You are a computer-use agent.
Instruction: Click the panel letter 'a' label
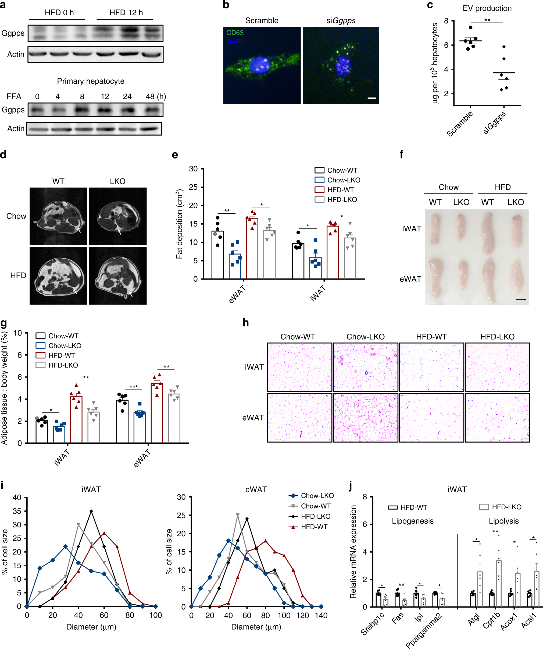(3, 5)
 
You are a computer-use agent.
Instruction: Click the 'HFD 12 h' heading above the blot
(126, 13)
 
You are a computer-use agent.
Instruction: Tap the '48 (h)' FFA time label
(156, 96)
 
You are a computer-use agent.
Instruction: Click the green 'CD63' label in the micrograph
(235, 33)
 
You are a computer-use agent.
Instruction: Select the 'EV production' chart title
(487, 8)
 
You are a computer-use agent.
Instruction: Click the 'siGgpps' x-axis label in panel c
(494, 123)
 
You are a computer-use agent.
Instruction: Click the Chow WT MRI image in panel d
(58, 216)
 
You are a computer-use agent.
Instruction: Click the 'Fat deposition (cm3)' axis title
(179, 224)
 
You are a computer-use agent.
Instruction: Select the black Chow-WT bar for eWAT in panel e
(218, 255)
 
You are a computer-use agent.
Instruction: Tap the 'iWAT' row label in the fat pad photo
(412, 229)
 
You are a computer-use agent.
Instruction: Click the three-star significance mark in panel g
(133, 387)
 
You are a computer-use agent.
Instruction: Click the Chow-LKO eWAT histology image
(365, 418)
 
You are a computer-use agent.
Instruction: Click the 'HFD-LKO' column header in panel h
(497, 337)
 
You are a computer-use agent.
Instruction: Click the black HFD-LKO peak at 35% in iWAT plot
(91, 511)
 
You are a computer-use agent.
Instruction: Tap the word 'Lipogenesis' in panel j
(412, 521)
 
